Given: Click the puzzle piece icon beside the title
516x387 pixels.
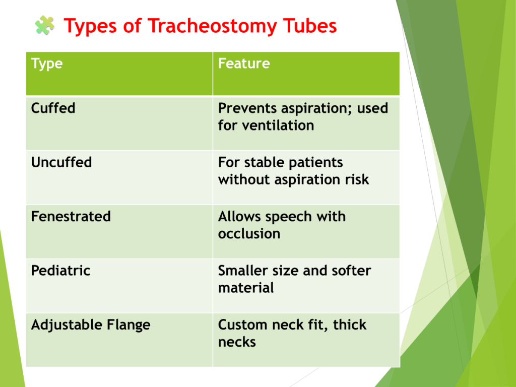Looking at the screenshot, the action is (45, 25).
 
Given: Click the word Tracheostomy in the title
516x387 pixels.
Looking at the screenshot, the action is (212, 27).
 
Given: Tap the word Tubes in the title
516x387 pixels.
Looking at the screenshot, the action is (310, 26).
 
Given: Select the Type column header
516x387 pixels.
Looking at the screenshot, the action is (47, 64).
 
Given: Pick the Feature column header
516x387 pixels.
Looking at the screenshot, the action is (244, 63).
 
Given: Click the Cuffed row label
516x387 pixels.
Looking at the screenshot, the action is (53, 108).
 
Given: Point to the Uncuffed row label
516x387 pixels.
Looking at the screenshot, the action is (61, 162).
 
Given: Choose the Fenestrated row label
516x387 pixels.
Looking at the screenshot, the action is (71, 217).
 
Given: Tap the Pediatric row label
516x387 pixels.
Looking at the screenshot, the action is (60, 271).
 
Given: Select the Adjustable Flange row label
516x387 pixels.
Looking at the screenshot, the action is (91, 326).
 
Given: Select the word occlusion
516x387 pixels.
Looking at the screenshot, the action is (249, 234).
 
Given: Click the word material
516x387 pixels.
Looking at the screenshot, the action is (246, 288).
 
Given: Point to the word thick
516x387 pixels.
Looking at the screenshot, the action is (350, 325).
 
